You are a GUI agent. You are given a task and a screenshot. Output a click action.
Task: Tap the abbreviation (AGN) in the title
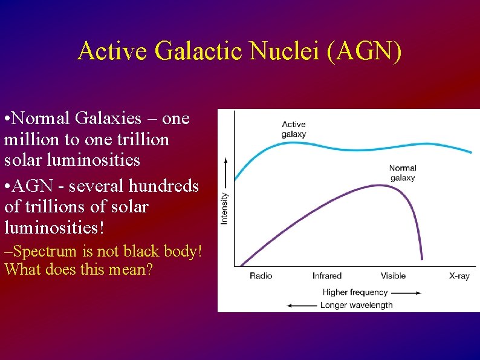tap(364, 51)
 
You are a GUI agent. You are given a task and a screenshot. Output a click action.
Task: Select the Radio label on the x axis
tap(261, 276)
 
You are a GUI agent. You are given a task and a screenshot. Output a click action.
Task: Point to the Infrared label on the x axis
tap(327, 276)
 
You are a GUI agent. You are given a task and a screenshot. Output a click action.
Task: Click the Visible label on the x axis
tap(393, 276)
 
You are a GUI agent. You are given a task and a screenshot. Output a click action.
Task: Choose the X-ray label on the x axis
tap(459, 276)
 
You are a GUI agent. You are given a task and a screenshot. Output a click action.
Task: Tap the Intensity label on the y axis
tap(225, 208)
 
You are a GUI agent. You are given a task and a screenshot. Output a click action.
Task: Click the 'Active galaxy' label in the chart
tap(294, 129)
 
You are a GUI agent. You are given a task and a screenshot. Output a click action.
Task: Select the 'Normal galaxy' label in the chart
tap(403, 173)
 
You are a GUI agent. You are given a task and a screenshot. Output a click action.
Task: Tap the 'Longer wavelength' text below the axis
tap(356, 305)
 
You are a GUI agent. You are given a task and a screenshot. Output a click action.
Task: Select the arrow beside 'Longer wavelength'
tap(301, 305)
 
